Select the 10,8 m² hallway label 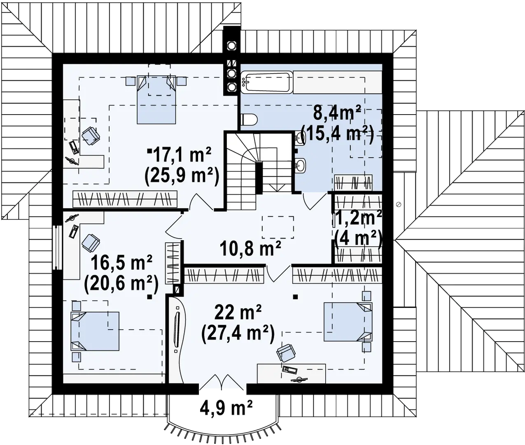tap(245, 249)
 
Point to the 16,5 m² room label tap(121, 263)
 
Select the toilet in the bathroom tap(249, 119)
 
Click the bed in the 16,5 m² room tap(96, 330)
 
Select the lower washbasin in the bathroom tap(301, 166)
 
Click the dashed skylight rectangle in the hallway tap(278, 227)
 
